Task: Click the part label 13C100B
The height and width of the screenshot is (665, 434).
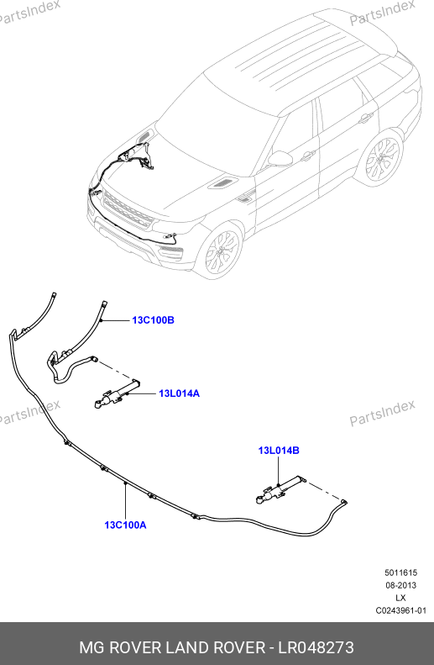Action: click(x=153, y=320)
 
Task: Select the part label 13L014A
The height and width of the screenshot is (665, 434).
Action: click(x=179, y=393)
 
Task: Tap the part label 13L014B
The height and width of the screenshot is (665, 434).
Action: click(x=279, y=451)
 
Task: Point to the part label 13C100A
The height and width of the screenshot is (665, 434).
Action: click(x=125, y=525)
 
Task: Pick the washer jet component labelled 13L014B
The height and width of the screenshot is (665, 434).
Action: click(x=280, y=489)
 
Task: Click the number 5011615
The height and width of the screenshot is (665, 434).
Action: click(x=401, y=573)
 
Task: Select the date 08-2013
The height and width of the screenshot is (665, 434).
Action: click(x=401, y=585)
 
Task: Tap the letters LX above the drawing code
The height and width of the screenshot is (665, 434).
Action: click(x=400, y=598)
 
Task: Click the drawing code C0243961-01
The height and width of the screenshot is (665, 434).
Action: click(x=401, y=610)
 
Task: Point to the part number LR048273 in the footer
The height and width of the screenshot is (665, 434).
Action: click(x=316, y=647)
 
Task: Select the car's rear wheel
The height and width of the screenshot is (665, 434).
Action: click(x=383, y=160)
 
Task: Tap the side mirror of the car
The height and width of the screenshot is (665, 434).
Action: click(x=280, y=158)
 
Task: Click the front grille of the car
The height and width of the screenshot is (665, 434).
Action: click(x=127, y=209)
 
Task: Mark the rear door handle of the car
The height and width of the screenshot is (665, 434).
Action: click(x=365, y=119)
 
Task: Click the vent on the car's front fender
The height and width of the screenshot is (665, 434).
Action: click(x=245, y=197)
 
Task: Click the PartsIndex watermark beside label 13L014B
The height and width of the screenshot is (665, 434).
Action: click(x=382, y=412)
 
